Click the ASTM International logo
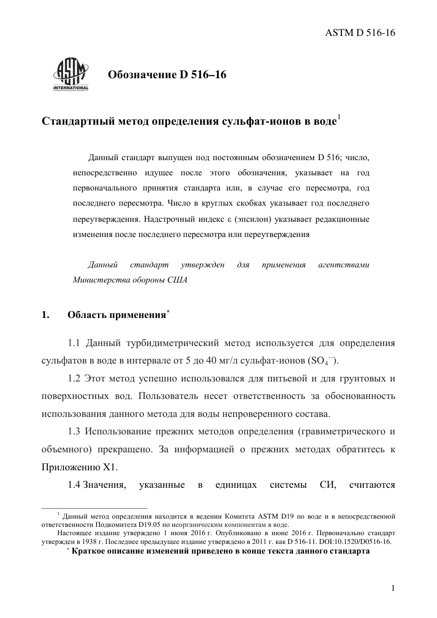pyautogui.click(x=70, y=75)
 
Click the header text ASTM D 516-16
pyautogui.click(x=360, y=33)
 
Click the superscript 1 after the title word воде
pyautogui.click(x=339, y=117)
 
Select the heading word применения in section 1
pyautogui.click(x=140, y=315)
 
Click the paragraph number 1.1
pyautogui.click(x=75, y=343)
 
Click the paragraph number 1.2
pyautogui.click(x=75, y=379)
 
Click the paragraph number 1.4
pyautogui.click(x=75, y=485)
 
